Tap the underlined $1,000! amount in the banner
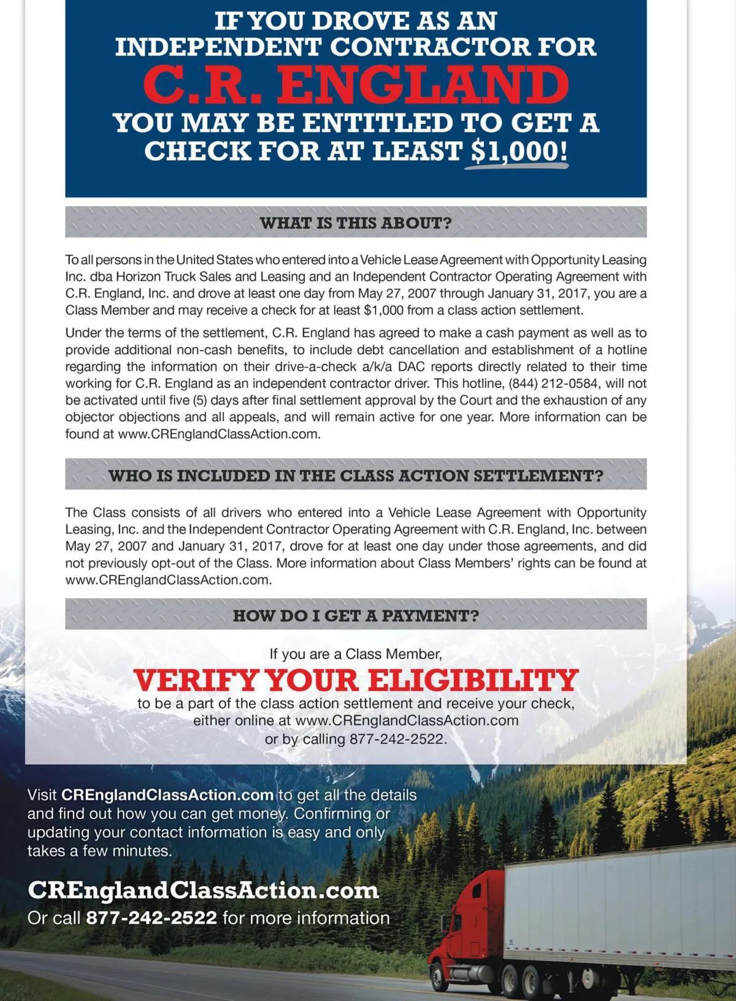tap(519, 151)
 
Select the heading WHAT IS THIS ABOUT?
tap(356, 223)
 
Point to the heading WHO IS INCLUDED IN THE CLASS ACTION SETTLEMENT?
tap(356, 475)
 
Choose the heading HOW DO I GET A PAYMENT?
tap(356, 615)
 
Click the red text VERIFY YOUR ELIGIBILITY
tap(356, 680)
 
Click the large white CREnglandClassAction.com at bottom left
tap(203, 891)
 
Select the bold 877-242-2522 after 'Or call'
tap(151, 918)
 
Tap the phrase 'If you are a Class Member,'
tap(356, 654)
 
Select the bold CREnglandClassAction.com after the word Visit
tap(167, 795)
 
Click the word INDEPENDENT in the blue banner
tap(218, 48)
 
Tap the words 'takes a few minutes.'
tap(99, 851)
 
